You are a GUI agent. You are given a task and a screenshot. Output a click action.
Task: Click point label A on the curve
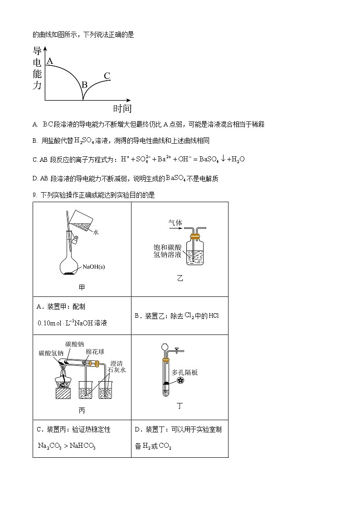pyautogui.click(x=50, y=61)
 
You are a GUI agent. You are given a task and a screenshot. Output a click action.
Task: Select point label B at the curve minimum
pyautogui.click(x=84, y=84)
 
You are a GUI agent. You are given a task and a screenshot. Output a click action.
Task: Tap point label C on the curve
pyautogui.click(x=107, y=76)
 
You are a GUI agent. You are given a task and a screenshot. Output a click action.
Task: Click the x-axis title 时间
pyautogui.click(x=122, y=108)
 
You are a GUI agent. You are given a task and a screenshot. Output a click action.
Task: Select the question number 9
pyautogui.click(x=34, y=195)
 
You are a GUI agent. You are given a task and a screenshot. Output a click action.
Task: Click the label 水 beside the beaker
pyautogui.click(x=96, y=232)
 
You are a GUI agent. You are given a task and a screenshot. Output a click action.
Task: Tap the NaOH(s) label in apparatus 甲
pyautogui.click(x=93, y=267)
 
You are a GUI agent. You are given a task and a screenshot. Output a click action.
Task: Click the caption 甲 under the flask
pyautogui.click(x=82, y=287)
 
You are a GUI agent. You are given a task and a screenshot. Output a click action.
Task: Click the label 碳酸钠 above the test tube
pyautogui.click(x=74, y=344)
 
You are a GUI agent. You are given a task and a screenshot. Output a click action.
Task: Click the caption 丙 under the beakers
pyautogui.click(x=82, y=411)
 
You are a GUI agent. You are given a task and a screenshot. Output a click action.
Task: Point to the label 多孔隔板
pyautogui.click(x=185, y=372)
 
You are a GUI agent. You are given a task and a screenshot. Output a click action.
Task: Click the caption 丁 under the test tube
pyautogui.click(x=180, y=406)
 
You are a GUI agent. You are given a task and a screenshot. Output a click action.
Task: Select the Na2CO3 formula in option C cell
pyautogui.click(x=49, y=446)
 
